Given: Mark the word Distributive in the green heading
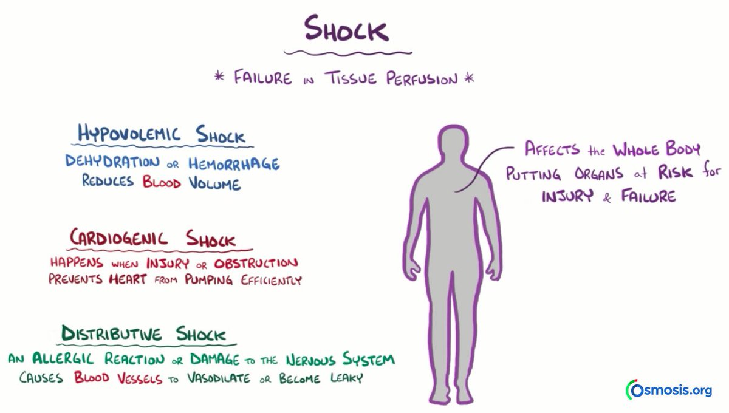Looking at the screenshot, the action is coord(112,334).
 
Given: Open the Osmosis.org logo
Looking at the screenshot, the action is coord(669,390).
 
